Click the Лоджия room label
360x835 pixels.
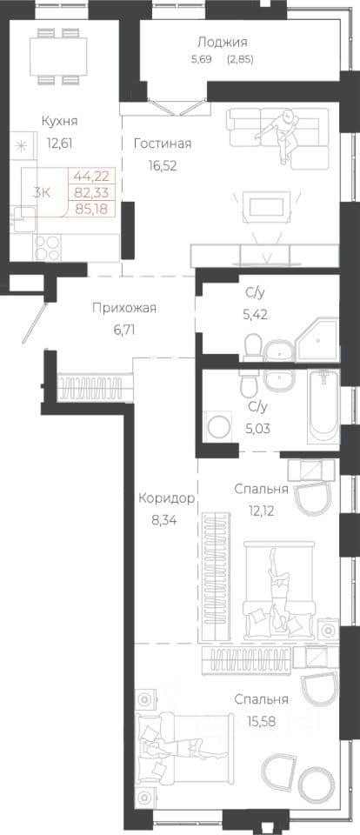tap(222, 42)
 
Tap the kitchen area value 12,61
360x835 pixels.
tap(60, 143)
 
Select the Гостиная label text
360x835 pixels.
tap(163, 144)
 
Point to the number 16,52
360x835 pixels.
tap(163, 166)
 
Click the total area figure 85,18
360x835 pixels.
tap(91, 208)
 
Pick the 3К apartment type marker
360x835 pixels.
tap(42, 193)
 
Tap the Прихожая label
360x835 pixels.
tap(124, 308)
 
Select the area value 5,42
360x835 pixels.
tap(255, 315)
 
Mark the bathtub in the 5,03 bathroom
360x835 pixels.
tap(323, 406)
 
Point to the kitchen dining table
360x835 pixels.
tap(59, 55)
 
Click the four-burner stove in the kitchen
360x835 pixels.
tap(48, 248)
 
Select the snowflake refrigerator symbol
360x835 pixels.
tap(23, 145)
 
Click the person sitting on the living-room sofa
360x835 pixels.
tap(280, 134)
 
